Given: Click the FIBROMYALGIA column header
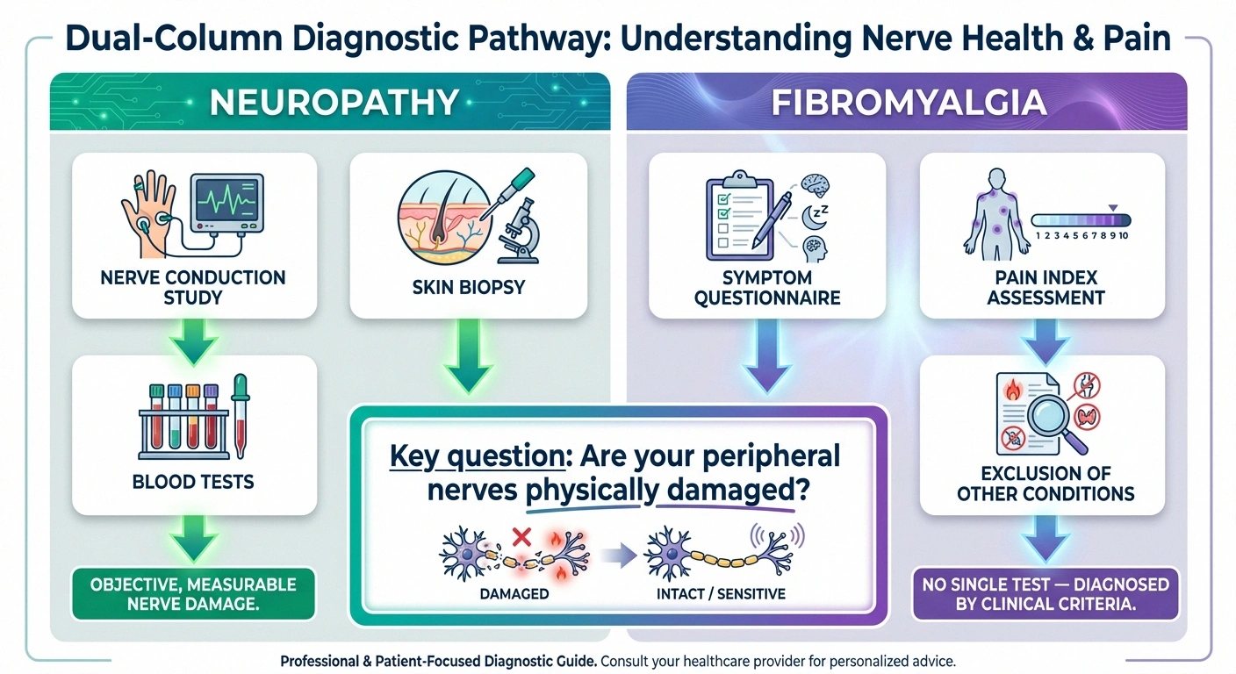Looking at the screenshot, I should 908,103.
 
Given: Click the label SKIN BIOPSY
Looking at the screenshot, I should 468,286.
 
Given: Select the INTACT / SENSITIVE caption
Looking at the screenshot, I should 722,594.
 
